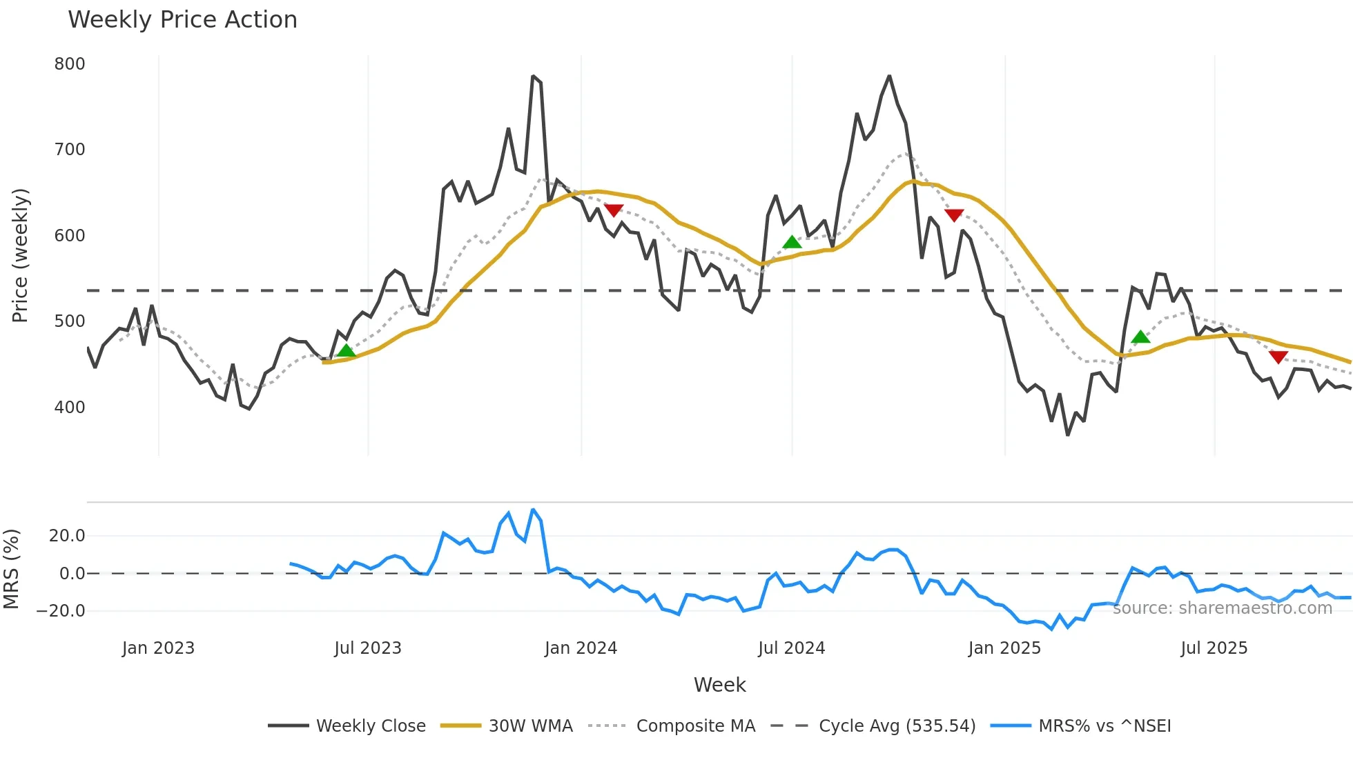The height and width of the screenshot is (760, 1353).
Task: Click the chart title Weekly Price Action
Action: (182, 20)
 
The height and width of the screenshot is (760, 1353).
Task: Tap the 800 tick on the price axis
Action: (70, 64)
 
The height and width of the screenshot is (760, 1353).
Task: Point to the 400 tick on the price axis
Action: (70, 408)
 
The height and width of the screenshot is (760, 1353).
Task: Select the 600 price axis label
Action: (70, 236)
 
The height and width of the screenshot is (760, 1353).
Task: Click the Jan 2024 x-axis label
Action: (581, 648)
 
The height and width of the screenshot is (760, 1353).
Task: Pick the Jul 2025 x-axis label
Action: (1214, 648)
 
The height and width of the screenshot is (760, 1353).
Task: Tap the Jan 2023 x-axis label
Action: (158, 648)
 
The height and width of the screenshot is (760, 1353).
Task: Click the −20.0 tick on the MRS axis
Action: (61, 611)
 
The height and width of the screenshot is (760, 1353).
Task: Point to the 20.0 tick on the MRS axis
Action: (67, 536)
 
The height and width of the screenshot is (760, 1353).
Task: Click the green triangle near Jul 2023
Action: (347, 351)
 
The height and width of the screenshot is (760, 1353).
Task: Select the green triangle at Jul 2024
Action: (792, 242)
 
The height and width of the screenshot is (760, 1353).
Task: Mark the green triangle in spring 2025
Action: (1141, 337)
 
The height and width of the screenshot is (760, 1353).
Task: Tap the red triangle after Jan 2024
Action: (614, 210)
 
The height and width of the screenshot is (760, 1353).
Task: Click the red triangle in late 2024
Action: (954, 215)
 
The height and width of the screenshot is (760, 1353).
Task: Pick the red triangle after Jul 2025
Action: (1278, 357)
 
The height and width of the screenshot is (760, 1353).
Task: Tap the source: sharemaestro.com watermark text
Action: (1222, 608)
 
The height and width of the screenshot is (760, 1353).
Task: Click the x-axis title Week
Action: (719, 685)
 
